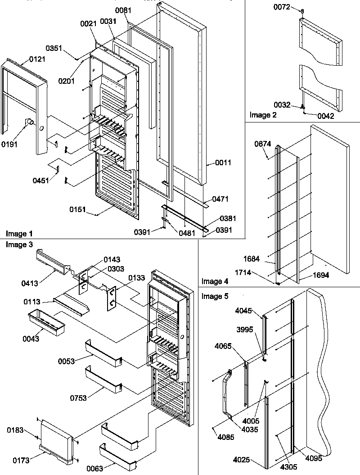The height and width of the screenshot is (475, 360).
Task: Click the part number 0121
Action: [x=37, y=59]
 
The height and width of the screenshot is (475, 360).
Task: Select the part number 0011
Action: [x=223, y=163]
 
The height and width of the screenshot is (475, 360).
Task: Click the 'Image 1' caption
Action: [x=19, y=234]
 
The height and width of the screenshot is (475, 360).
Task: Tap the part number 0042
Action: [x=325, y=116]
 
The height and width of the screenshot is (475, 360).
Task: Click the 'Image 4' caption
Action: [x=215, y=282]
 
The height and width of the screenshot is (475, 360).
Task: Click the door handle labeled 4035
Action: [x=224, y=387]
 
